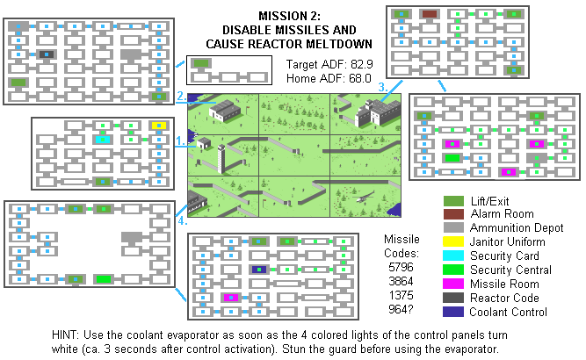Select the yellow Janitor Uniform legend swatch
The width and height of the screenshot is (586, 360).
pyautogui.click(x=453, y=241)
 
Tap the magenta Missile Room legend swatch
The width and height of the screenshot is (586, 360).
pyautogui.click(x=453, y=284)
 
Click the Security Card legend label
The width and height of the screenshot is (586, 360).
pyautogui.click(x=503, y=256)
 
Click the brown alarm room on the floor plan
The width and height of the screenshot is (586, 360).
pyautogui.click(x=430, y=14)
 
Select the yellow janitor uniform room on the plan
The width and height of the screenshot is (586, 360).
pyautogui.click(x=158, y=126)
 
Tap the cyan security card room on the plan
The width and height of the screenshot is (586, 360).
pyautogui.click(x=102, y=140)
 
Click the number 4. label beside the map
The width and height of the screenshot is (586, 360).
pyautogui.click(x=181, y=221)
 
